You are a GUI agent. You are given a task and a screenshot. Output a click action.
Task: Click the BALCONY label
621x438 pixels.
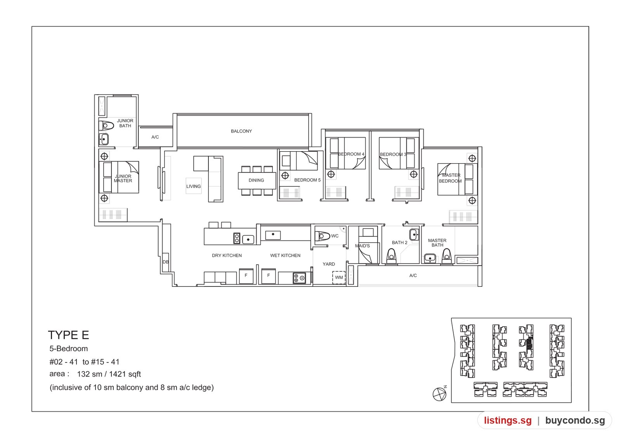[241, 131]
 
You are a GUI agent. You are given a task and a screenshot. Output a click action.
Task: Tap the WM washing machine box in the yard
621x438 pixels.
[339, 278]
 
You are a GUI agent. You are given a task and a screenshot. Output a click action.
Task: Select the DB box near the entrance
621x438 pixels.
[165, 262]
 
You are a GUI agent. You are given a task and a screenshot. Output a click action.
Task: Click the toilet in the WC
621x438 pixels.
[322, 236]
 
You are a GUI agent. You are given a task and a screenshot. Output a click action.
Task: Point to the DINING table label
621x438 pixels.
[256, 180]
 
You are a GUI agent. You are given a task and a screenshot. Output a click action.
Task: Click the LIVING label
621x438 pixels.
[194, 186]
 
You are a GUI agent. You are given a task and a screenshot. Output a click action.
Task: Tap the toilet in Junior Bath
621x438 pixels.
[106, 126]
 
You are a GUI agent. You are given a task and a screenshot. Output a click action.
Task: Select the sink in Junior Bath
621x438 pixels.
[104, 139]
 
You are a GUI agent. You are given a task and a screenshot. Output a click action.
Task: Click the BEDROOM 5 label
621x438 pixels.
[307, 180]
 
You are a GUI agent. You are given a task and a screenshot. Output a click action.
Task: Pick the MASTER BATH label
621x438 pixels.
[437, 243]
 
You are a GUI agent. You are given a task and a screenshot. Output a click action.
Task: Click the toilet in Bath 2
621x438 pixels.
[391, 256]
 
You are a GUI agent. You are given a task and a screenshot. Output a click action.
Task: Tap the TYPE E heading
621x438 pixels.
[68, 335]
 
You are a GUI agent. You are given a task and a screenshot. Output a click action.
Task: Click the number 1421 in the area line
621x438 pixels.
[118, 374]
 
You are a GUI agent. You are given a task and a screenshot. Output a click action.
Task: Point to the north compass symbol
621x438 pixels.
[440, 393]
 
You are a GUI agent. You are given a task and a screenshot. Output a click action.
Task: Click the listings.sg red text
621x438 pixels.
[508, 420]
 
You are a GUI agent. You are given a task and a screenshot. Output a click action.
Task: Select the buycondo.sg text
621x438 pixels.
[575, 420]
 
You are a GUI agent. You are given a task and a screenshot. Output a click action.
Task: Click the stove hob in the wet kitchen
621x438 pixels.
[299, 278]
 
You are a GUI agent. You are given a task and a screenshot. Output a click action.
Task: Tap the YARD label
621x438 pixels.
[329, 264]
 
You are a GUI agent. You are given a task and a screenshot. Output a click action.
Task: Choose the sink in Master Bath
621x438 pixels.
[430, 258]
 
